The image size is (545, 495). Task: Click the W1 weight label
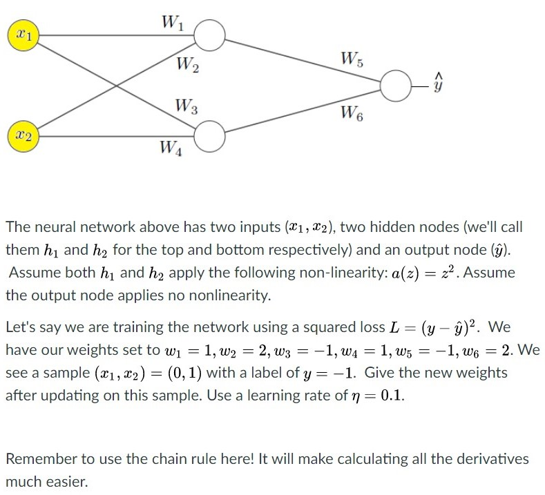click(x=170, y=23)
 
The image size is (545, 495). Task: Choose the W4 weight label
click(x=170, y=147)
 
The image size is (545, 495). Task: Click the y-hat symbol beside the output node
click(x=437, y=84)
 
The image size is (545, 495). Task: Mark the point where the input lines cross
click(x=117, y=85)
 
